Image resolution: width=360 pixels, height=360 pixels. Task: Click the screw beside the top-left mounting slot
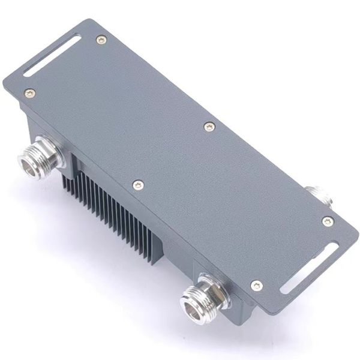(101, 40)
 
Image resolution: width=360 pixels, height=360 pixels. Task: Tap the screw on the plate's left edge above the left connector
(29, 93)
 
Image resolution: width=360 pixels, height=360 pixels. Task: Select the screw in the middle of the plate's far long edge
(209, 127)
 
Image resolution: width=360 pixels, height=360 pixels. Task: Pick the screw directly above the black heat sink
(138, 185)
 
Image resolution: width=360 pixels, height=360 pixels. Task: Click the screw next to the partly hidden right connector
(327, 221)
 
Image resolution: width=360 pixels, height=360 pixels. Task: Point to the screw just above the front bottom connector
(256, 286)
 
